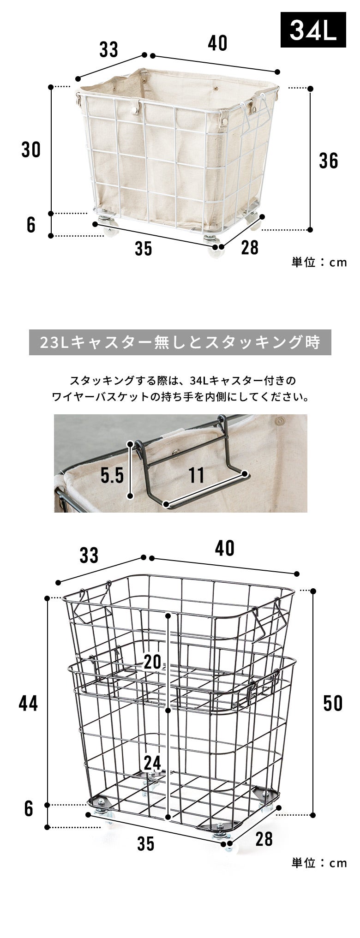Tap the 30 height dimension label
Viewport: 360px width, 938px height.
click(x=31, y=150)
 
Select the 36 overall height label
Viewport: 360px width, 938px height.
click(x=329, y=161)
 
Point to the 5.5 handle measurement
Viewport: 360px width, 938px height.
click(x=112, y=475)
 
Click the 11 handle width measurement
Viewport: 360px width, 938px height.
click(x=196, y=475)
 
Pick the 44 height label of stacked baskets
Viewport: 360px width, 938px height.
click(x=28, y=703)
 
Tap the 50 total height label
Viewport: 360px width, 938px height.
click(x=333, y=703)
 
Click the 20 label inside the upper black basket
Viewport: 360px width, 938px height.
click(x=152, y=663)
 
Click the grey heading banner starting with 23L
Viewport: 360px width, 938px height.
click(x=180, y=342)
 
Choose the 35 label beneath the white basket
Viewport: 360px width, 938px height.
click(x=144, y=249)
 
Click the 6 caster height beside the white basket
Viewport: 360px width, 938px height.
click(x=31, y=225)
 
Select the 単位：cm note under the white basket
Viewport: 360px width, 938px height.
click(x=319, y=263)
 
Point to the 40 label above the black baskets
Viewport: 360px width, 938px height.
click(x=224, y=549)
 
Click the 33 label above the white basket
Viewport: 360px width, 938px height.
click(x=109, y=50)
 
